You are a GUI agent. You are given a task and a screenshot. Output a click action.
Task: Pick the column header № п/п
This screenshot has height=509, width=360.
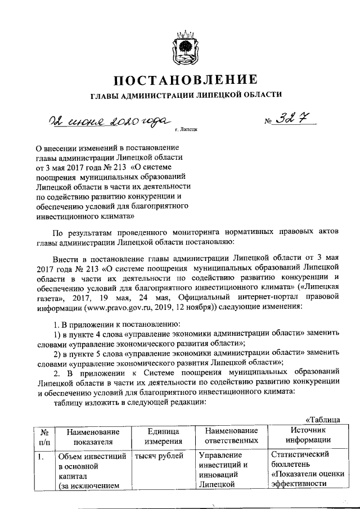coord(43,436)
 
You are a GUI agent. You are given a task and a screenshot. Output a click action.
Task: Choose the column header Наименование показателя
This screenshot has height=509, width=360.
coord(92,436)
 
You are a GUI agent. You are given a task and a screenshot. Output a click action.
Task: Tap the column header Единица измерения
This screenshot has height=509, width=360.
coord(164,435)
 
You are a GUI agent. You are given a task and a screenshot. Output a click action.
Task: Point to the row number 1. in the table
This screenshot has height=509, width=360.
coord(40,456)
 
